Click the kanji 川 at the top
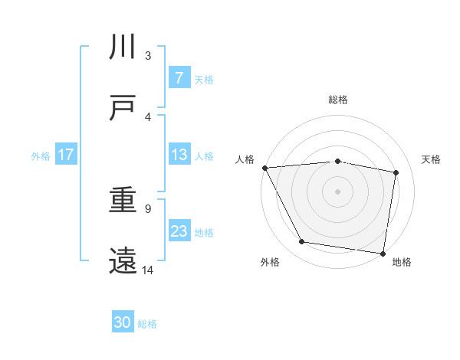[123, 47]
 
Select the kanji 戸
[123, 108]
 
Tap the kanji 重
[123, 201]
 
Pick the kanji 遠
[123, 261]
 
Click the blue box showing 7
[179, 78]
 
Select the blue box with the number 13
[179, 155]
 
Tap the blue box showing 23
[179, 231]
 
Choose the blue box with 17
[65, 155]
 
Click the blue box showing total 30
[123, 323]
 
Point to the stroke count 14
[148, 270]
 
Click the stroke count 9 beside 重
[147, 208]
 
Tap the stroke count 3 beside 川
[148, 55]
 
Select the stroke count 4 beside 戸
[148, 116]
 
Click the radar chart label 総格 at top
[338, 100]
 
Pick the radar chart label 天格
[432, 159]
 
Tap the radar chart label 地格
[402, 262]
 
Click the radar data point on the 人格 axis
[264, 168]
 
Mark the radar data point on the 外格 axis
[302, 242]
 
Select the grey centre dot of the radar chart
[338, 191]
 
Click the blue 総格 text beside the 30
[147, 324]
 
